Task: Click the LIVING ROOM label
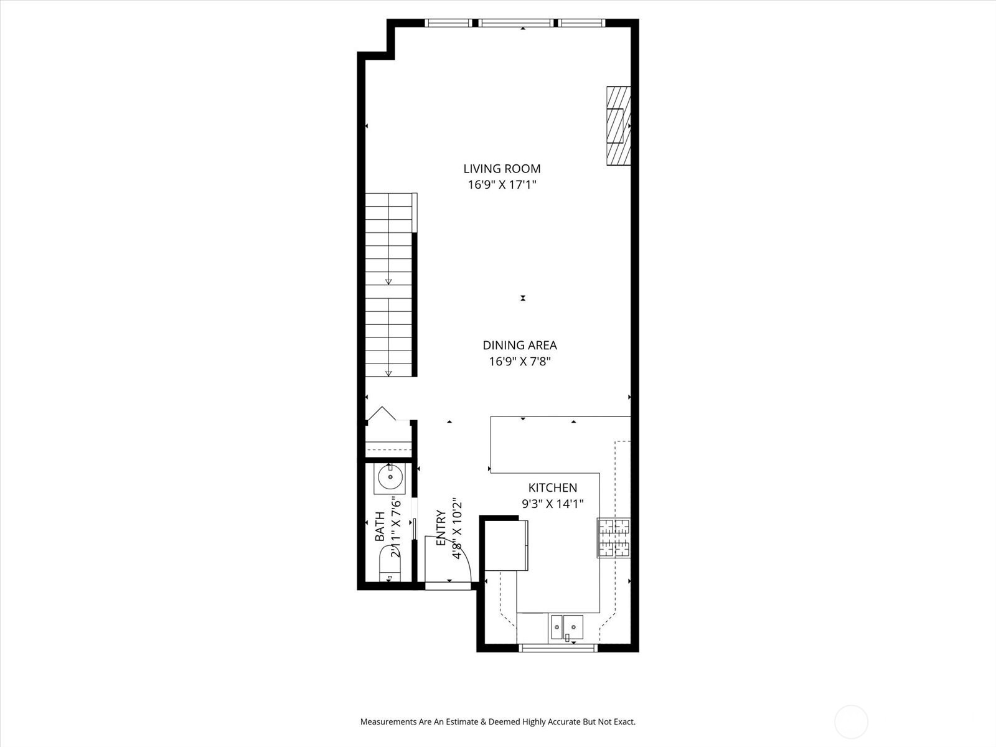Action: [x=502, y=169]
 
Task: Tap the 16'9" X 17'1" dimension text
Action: [x=502, y=185]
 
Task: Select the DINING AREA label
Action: [x=520, y=345]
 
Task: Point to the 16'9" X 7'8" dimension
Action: [x=520, y=362]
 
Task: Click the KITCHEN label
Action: [x=553, y=488]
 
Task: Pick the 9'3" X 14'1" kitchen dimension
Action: [x=553, y=504]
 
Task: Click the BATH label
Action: [x=380, y=527]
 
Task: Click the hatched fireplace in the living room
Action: [x=619, y=126]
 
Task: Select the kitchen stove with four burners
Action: [x=614, y=538]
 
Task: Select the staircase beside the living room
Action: [x=389, y=285]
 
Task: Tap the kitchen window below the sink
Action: [x=558, y=648]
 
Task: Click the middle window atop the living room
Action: [x=516, y=23]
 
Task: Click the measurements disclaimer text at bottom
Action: [x=498, y=722]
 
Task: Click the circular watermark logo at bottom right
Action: [x=851, y=722]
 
